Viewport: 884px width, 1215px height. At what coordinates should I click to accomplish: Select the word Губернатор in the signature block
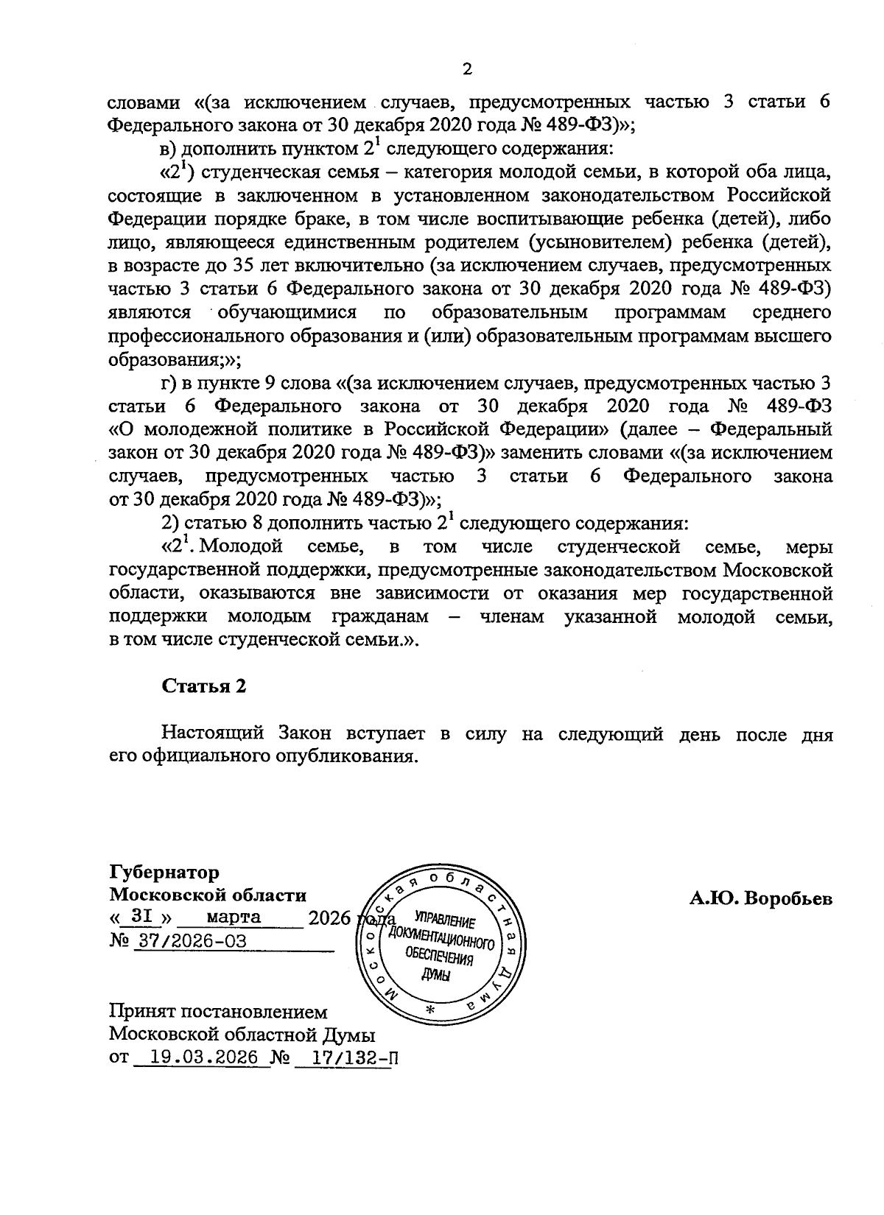tap(164, 873)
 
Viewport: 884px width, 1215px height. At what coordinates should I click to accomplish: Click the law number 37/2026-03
tap(189, 942)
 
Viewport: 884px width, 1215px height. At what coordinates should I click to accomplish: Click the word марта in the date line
tap(234, 918)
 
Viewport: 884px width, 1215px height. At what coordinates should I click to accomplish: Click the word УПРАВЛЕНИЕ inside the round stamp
tap(445, 922)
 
